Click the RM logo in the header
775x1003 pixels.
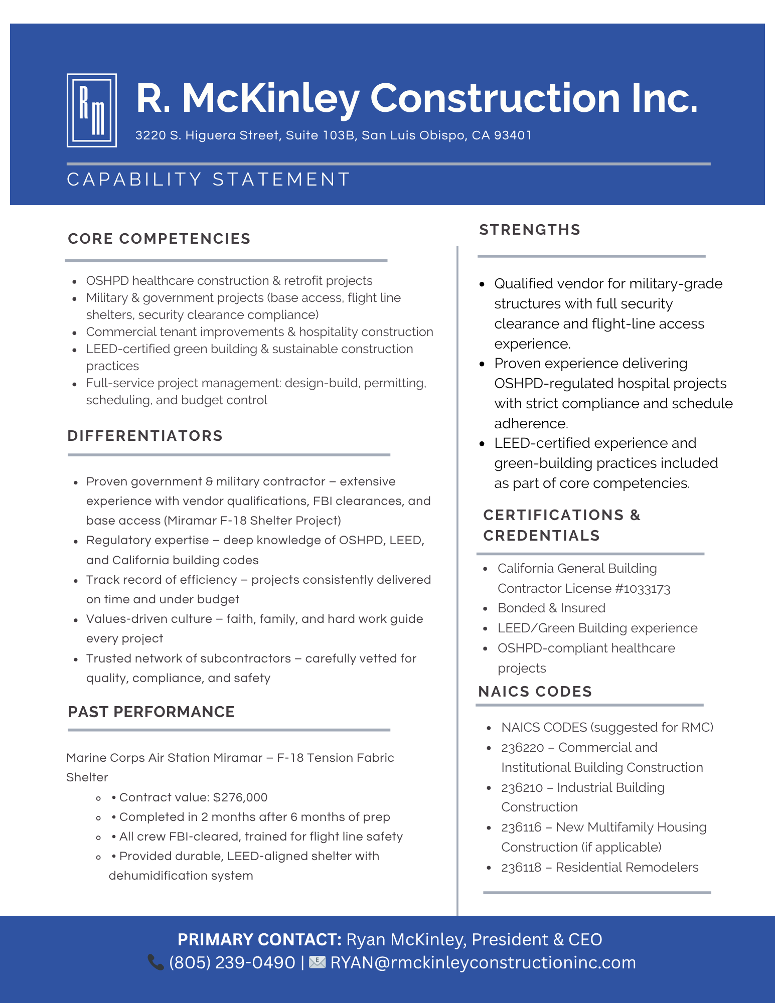point(92,110)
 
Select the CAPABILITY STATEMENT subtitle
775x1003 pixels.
point(208,180)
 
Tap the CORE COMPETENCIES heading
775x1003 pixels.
point(159,239)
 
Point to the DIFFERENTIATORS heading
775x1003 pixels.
point(145,436)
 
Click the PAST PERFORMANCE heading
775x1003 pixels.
point(151,712)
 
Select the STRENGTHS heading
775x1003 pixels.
point(530,230)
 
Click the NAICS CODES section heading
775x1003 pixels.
point(535,692)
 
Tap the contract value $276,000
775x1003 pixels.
point(240,797)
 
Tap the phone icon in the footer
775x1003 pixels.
point(156,962)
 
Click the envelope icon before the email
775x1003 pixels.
point(317,962)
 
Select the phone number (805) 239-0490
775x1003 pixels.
point(232,962)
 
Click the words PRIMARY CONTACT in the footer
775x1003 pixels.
point(259,939)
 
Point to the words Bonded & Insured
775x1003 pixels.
point(551,608)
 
